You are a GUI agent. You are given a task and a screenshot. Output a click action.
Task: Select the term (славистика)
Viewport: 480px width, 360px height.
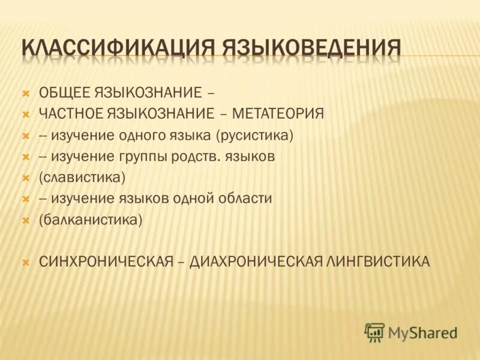(82, 178)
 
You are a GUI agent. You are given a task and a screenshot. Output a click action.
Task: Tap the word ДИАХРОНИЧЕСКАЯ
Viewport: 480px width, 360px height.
(256, 262)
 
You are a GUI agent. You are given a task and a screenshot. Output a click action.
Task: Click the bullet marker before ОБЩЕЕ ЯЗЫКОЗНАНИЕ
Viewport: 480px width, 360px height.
(26, 94)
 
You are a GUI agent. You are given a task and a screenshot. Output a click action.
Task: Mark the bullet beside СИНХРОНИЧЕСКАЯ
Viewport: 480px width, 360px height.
(26, 262)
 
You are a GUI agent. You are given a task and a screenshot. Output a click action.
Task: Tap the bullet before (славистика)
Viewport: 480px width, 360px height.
(26, 178)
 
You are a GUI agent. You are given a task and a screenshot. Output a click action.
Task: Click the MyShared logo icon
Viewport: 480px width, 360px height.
(374, 331)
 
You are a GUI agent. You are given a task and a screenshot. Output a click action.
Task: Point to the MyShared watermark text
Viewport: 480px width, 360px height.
(422, 332)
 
